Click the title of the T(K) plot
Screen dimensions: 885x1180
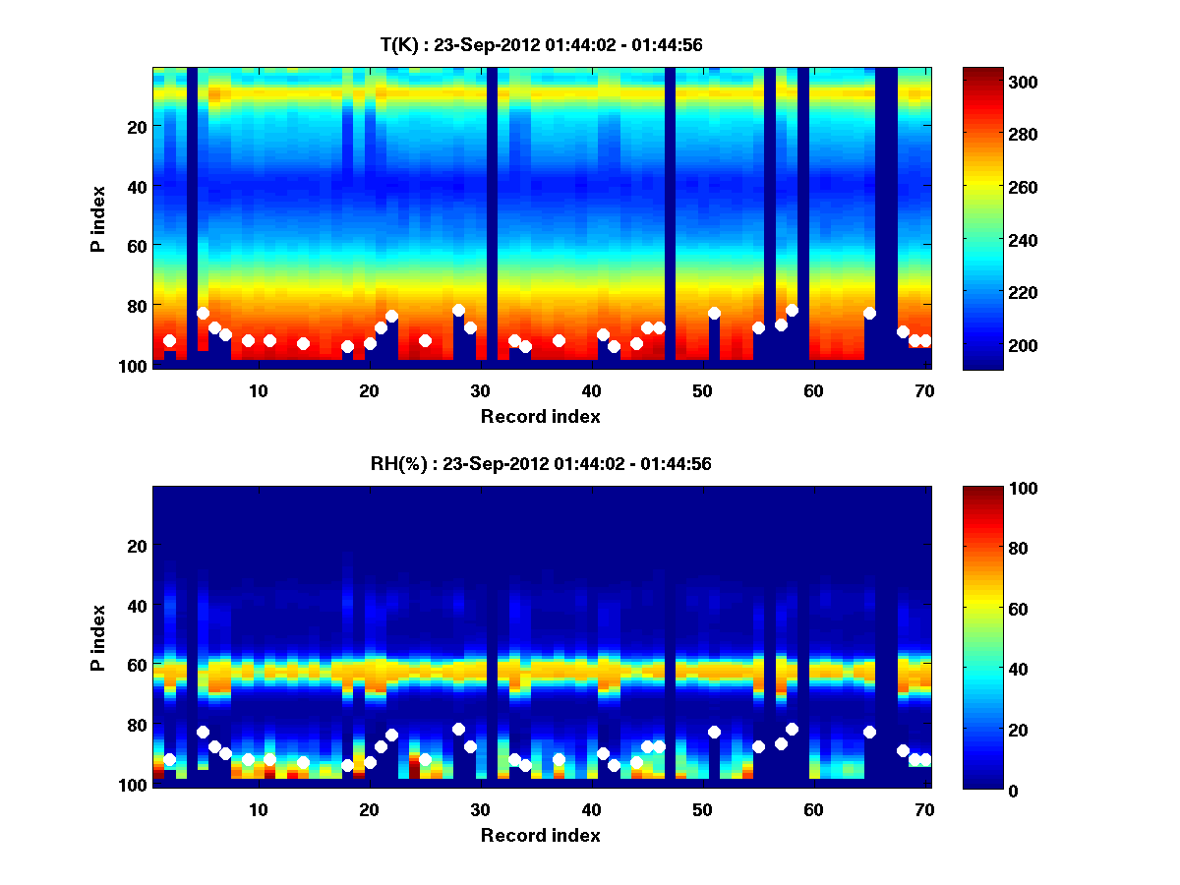click(x=541, y=44)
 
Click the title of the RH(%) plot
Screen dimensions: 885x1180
click(x=541, y=463)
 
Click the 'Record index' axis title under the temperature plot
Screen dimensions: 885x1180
click(x=541, y=416)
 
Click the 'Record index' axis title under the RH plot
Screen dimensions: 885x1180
click(x=541, y=835)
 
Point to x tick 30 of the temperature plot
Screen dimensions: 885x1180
click(x=480, y=389)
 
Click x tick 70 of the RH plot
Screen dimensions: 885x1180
click(x=924, y=808)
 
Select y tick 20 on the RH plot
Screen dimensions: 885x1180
click(x=137, y=546)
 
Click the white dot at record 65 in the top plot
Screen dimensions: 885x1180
click(x=869, y=313)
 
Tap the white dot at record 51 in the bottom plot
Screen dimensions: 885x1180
click(x=714, y=732)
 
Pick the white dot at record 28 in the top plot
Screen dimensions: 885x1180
click(x=458, y=310)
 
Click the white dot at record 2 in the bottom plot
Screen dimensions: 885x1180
click(x=169, y=759)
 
